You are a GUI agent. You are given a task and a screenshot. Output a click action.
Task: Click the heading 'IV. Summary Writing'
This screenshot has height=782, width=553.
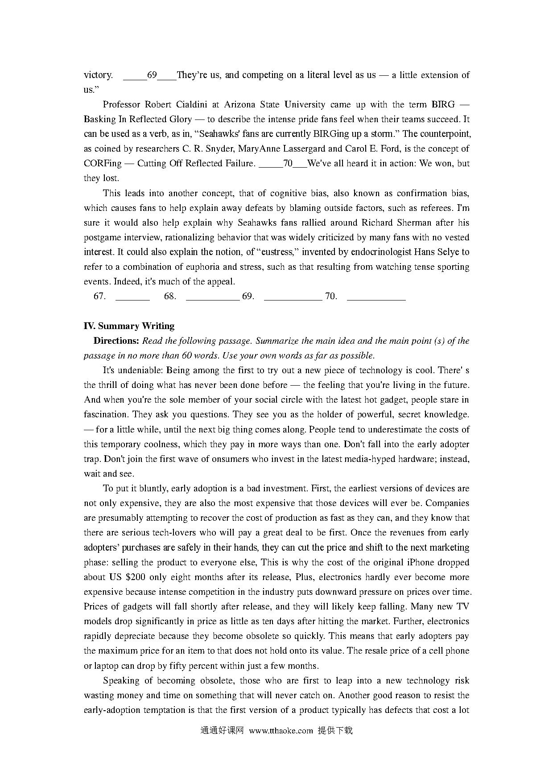pos(129,326)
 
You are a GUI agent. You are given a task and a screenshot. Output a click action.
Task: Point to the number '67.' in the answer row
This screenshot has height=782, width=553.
pos(99,296)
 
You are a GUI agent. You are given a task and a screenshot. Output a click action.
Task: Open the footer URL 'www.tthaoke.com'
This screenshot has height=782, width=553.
pos(281,731)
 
